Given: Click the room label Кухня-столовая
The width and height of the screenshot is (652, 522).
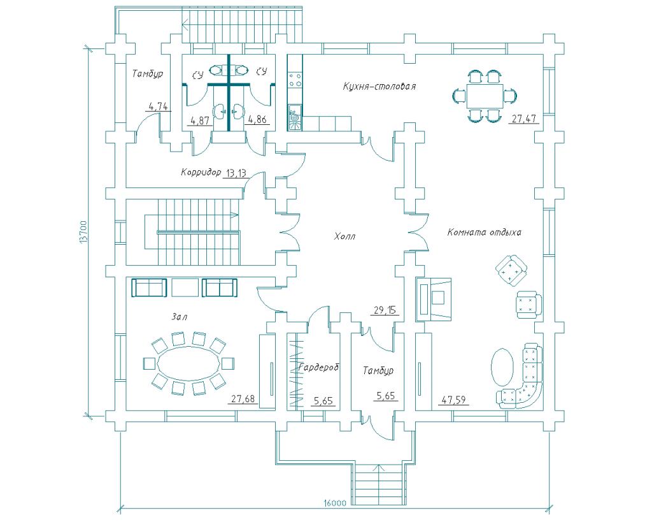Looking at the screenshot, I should [379, 86].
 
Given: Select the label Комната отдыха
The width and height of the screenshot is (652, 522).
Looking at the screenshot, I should [484, 233].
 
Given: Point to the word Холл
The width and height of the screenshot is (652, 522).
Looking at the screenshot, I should [344, 236].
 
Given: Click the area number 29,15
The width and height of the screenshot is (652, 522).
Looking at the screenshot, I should [383, 310].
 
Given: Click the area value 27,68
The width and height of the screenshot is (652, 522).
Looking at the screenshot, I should [243, 399].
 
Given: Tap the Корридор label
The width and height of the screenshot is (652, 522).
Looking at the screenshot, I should [201, 172].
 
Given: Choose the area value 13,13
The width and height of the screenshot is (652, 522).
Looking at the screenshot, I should [236, 173].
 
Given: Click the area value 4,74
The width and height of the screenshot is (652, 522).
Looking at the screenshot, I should [157, 106].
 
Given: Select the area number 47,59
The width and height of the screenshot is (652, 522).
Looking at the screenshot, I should [453, 400].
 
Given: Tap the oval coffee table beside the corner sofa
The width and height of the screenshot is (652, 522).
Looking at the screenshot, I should [502, 366].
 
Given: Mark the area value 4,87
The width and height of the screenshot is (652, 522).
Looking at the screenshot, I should [201, 119].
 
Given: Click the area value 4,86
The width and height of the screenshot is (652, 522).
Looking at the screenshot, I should [257, 119].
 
